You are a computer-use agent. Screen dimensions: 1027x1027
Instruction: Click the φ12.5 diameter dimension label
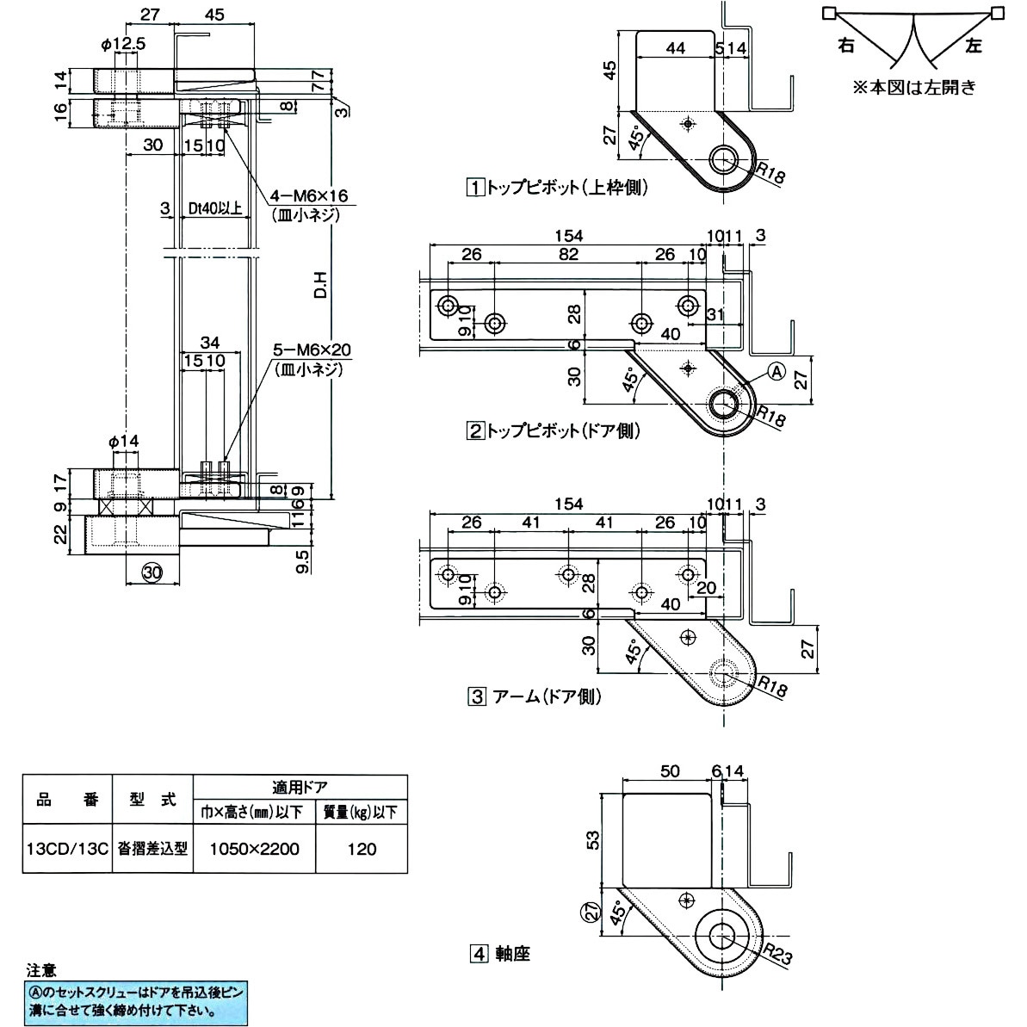pos(123,44)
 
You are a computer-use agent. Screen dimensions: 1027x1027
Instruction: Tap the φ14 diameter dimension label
pos(124,442)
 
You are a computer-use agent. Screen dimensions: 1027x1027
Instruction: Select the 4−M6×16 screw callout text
pos(309,195)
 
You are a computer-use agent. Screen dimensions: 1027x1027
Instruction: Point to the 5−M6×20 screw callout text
pos(312,350)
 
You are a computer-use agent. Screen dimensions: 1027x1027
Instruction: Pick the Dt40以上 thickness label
pos(215,209)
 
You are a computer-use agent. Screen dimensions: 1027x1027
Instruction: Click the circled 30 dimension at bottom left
pos(152,572)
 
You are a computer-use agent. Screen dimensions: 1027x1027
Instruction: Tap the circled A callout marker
pos(776,372)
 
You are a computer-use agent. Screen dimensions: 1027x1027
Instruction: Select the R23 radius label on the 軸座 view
pos(777,955)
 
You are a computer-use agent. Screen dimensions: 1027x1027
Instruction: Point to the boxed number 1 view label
pos(474,188)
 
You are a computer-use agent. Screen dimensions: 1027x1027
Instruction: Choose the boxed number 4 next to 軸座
pos(479,954)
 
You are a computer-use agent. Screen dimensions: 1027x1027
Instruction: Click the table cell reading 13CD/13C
pos(67,849)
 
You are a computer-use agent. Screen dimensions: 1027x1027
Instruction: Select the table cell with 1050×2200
pos(254,849)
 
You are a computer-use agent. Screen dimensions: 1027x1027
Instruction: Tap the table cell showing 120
pos(362,849)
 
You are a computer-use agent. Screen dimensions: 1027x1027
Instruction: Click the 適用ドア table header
pos(300,788)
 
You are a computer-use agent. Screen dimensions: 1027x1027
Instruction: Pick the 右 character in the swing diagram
pos(846,45)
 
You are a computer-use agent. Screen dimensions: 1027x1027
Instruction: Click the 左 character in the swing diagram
pos(974,45)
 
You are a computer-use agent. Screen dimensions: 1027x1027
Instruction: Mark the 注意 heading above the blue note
pos(41,970)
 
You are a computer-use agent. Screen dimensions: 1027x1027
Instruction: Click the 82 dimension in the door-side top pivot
pos(568,254)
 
